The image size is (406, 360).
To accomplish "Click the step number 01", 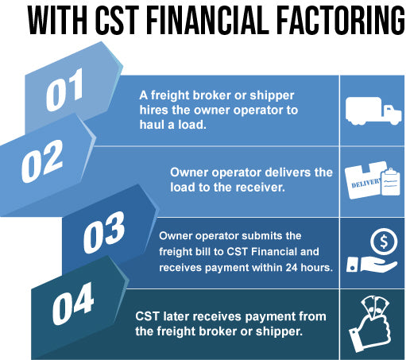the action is pyautogui.click(x=65, y=90).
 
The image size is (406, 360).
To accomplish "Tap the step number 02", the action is pyautogui.click(x=42, y=161).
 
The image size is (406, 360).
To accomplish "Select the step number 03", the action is pyautogui.click(x=104, y=232).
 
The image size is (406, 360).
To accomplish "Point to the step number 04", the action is pyautogui.click(x=73, y=304).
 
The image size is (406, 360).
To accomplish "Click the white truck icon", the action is pyautogui.click(x=373, y=110).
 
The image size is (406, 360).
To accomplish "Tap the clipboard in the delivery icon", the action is pyautogui.click(x=390, y=182).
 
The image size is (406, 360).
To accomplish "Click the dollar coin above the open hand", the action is pyautogui.click(x=384, y=242).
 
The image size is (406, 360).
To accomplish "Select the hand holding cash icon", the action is pyautogui.click(x=369, y=326).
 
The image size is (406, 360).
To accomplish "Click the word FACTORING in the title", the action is pyautogui.click(x=342, y=20).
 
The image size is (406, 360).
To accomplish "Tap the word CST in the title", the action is pyautogui.click(x=117, y=20).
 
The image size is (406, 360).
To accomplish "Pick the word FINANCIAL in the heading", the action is pyautogui.click(x=208, y=20).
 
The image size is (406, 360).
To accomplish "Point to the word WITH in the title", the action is pyautogui.click(x=58, y=20).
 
